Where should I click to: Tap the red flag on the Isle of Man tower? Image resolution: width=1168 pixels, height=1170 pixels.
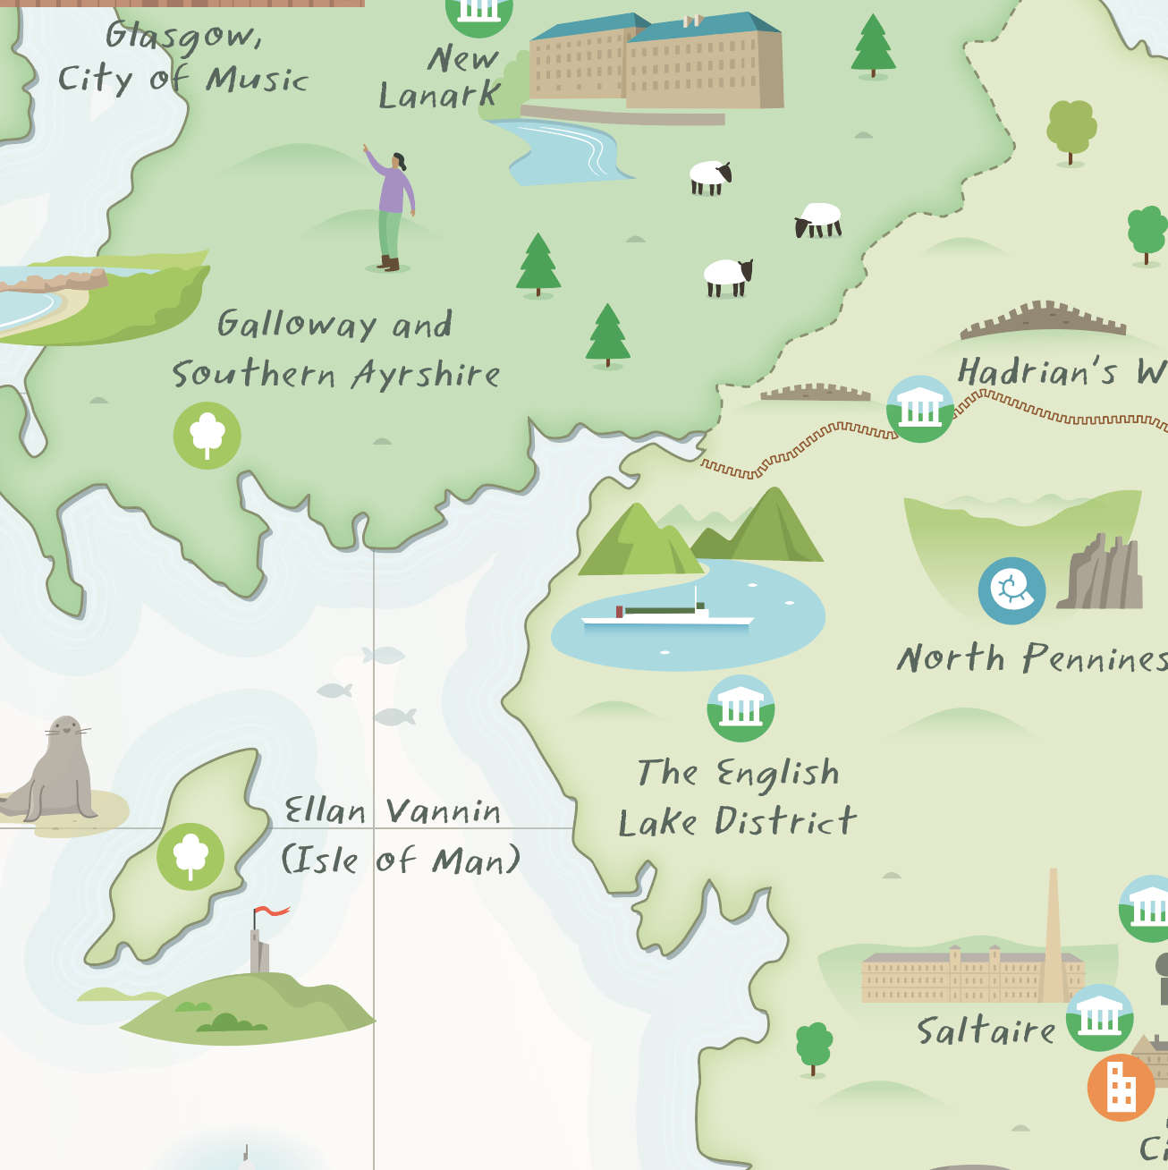pos(271,911)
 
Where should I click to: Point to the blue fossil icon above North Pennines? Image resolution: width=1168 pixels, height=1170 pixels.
pos(1011,590)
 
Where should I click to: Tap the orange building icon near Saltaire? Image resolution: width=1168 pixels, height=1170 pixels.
pos(1121,1087)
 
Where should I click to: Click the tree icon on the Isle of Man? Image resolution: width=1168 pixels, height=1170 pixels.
pos(190,856)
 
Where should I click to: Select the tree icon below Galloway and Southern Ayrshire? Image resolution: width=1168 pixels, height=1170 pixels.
pos(207,436)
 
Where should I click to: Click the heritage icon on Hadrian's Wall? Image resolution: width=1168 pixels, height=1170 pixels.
pos(919,409)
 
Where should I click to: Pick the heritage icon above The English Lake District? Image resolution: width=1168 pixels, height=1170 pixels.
pos(741,708)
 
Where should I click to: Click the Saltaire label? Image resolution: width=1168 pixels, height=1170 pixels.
pos(986,1031)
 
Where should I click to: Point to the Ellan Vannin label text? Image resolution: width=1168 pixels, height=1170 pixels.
pos(392,812)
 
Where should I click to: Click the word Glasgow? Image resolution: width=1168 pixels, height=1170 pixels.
pos(183,37)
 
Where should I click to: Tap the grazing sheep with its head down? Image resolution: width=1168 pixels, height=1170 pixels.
pos(817,220)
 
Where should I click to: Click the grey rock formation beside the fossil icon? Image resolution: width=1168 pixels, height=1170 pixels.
pos(1101,574)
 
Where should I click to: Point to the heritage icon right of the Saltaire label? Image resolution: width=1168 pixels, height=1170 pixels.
pos(1099,1018)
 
